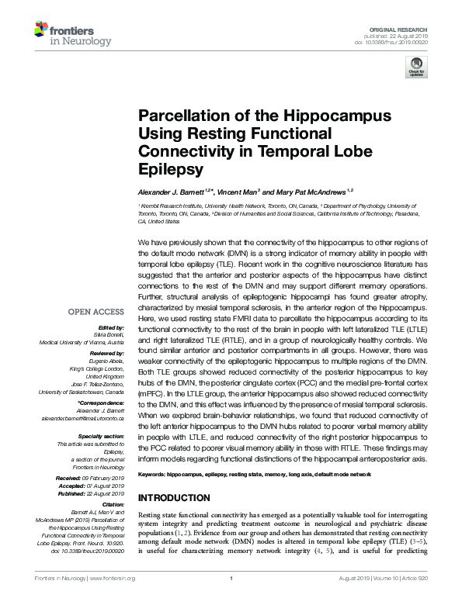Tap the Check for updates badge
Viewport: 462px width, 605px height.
(x=416, y=70)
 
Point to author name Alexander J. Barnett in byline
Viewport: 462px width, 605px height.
(x=172, y=190)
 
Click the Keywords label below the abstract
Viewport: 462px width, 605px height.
(x=151, y=472)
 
